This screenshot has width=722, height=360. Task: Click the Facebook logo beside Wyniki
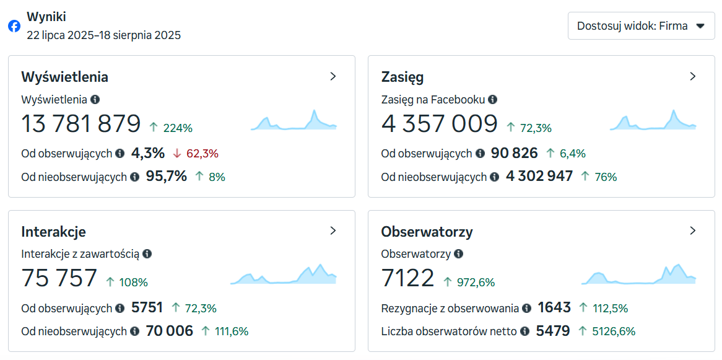[x=14, y=26]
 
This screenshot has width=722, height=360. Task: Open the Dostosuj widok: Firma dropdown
[x=641, y=26]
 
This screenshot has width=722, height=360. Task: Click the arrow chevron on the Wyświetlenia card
[x=333, y=76]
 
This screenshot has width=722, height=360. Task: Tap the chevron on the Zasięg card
[x=693, y=76]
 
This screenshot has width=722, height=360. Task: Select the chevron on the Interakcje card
[x=333, y=230]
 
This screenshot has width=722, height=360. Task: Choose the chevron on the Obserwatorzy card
[x=693, y=230]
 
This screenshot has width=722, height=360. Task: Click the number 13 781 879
[x=81, y=124]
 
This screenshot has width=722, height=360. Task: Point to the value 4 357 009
[x=439, y=124]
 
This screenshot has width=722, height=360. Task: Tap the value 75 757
[x=59, y=278]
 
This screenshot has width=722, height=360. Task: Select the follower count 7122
[x=407, y=278]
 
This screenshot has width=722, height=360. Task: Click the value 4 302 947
[x=539, y=177]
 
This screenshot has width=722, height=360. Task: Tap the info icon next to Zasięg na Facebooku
[x=492, y=99]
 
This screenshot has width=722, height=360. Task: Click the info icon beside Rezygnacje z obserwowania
[x=526, y=308]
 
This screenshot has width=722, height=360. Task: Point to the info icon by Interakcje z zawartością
[x=147, y=253]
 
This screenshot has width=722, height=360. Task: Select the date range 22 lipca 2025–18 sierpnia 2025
[x=104, y=35]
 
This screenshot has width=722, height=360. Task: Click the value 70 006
[x=170, y=331]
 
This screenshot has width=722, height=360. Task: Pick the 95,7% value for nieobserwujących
[x=167, y=177]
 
